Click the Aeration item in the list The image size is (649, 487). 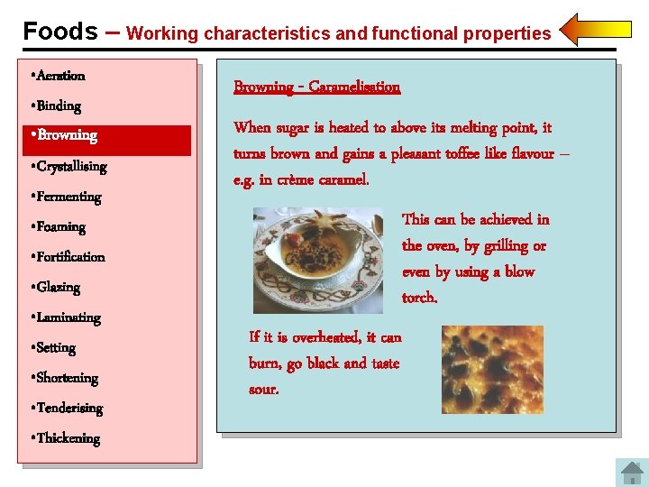60,76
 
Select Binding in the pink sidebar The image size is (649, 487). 59,106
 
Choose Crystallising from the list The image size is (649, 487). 71,167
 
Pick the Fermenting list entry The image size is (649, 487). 69,197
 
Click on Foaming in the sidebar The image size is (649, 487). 60,227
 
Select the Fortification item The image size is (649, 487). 70,257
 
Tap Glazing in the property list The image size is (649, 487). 58,288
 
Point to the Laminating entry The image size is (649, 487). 69,317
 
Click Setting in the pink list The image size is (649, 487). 56,348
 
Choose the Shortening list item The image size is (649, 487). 67,378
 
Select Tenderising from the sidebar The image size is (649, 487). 69,409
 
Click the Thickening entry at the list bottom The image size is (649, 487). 68,438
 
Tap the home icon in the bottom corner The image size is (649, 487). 631,473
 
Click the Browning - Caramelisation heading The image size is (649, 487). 316,87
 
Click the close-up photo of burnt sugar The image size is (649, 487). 492,370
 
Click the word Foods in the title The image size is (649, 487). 59,32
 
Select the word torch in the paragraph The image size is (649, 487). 419,298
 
